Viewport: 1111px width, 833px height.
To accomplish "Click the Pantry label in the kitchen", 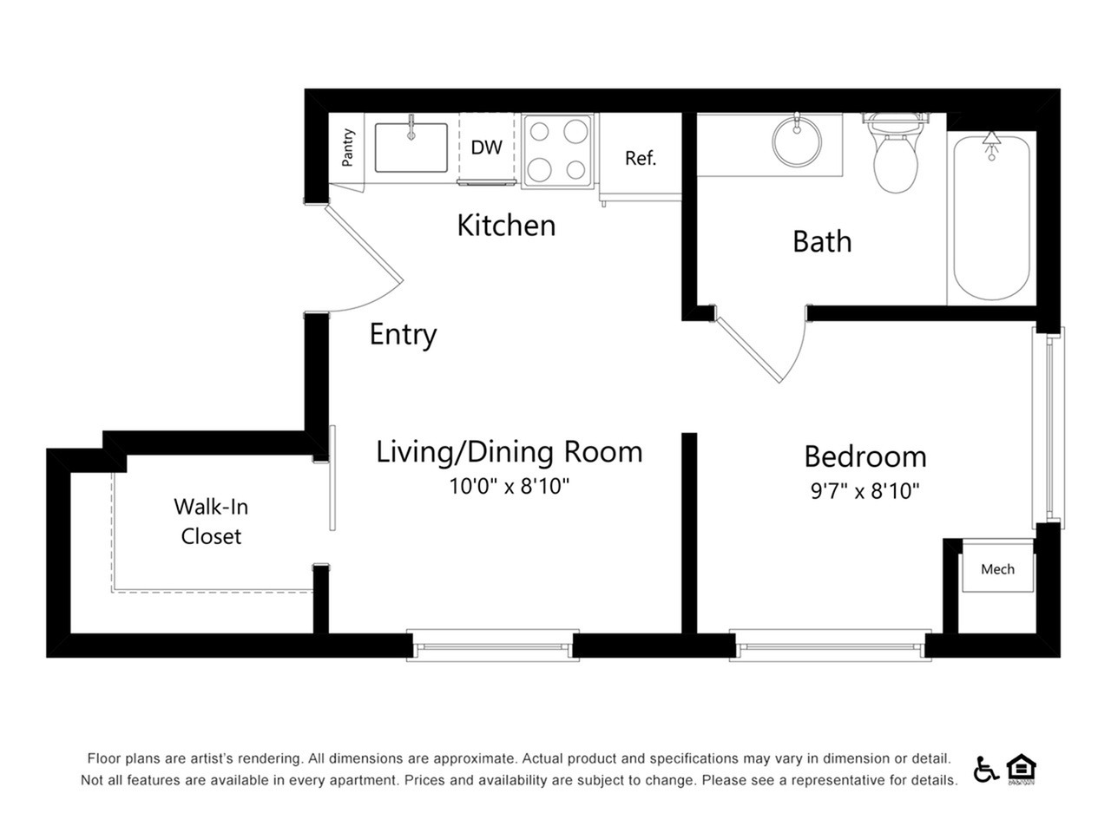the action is pos(347,148).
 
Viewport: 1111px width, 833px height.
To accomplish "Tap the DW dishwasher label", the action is pos(486,148).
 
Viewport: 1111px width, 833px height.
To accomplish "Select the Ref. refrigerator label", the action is pos(641,158).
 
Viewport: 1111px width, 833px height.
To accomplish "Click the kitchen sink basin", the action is pos(411,148).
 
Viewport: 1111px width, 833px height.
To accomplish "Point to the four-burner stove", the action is pos(557,151).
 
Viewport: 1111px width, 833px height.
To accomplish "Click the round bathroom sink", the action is pos(796,141).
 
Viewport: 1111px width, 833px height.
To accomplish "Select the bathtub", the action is pos(991,218).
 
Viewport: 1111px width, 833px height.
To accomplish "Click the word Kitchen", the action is pos(506,225).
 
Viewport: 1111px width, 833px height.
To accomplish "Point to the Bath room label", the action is pos(822,241).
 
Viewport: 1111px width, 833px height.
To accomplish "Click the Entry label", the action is pos(403,334).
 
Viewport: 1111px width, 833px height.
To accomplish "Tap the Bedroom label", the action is pos(865,456).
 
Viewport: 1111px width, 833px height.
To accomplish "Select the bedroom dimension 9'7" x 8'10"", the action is pos(864,490).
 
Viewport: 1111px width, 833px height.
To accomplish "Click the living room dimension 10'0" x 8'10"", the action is pos(509,486).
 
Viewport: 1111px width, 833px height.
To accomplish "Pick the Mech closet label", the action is pos(997,569).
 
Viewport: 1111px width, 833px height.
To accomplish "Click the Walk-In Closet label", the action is pos(211,521).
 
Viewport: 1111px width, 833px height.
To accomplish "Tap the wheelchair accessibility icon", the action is pos(985,769).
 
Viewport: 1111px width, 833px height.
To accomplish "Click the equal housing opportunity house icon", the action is pos(1021,769).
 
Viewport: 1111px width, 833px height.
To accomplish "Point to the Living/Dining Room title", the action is pos(509,452).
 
